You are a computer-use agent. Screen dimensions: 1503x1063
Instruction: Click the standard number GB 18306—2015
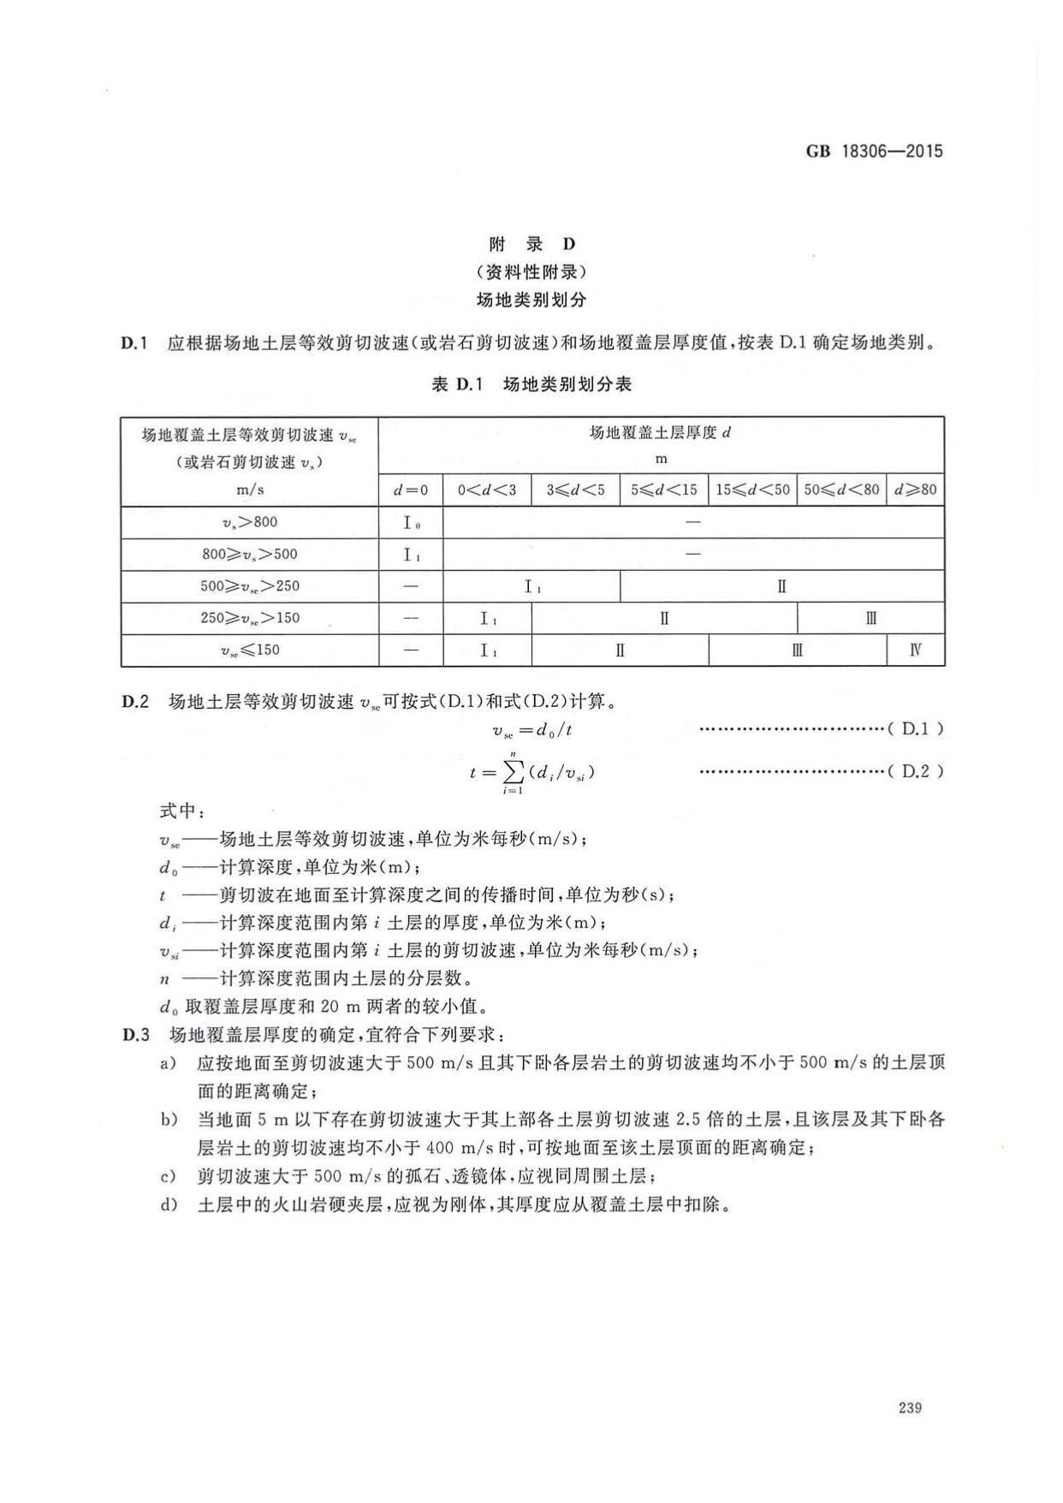[874, 151]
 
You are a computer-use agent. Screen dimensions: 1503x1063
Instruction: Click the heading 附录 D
[531, 245]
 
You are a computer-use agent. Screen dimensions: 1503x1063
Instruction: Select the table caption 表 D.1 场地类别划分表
[531, 384]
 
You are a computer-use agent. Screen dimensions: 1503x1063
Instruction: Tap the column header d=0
[411, 490]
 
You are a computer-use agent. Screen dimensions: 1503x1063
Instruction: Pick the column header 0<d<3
[487, 490]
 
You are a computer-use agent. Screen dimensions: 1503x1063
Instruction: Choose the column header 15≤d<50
[752, 490]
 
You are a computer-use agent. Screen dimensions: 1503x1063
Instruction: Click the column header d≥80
[915, 490]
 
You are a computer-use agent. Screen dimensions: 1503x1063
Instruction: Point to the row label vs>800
[250, 522]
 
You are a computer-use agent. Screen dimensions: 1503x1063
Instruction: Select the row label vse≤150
[250, 651]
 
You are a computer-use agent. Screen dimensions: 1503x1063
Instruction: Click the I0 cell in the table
[411, 522]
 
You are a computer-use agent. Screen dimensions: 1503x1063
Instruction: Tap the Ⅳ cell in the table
[915, 651]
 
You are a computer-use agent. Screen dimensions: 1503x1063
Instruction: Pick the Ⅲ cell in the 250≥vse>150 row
[870, 619]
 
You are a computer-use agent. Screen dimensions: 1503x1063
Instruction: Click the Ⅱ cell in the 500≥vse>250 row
[781, 587]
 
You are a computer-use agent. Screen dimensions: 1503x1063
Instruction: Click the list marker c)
[168, 1177]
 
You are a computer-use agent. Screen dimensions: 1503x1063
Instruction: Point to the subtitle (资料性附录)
[531, 272]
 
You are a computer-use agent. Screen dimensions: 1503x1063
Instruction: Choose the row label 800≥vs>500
[250, 555]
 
